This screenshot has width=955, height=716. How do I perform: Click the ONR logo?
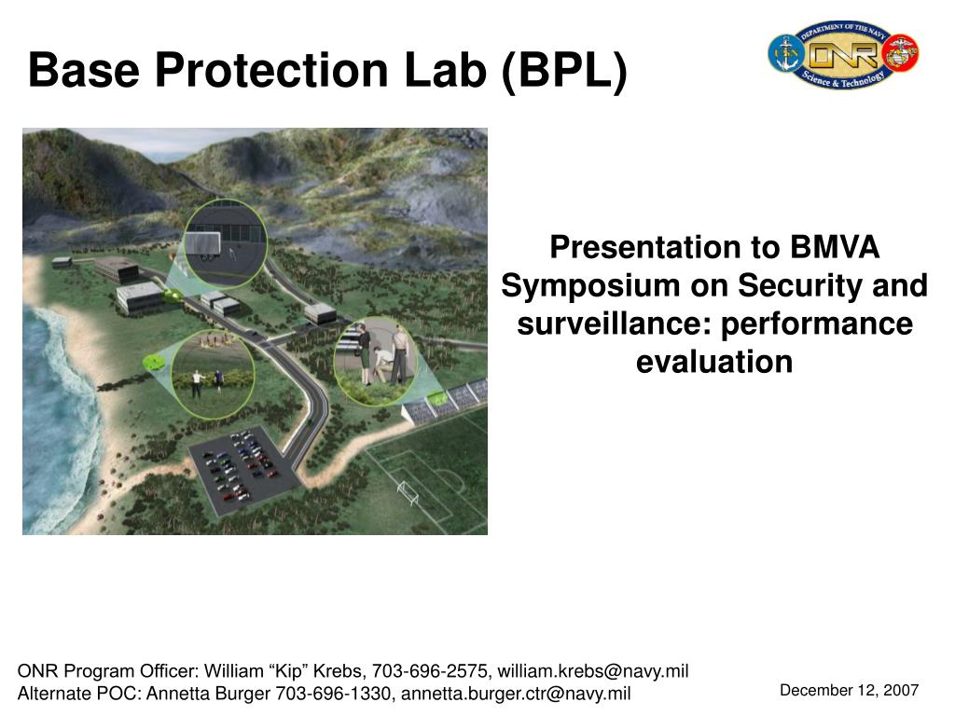pyautogui.click(x=843, y=54)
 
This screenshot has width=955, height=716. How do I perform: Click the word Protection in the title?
pyautogui.click(x=271, y=69)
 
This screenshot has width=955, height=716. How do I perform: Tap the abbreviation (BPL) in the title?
pyautogui.click(x=564, y=71)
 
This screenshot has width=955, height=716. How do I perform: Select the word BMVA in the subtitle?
pyautogui.click(x=835, y=247)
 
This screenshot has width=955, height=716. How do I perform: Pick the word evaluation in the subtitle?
pyautogui.click(x=714, y=362)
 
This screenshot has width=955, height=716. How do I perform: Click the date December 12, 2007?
pyautogui.click(x=849, y=690)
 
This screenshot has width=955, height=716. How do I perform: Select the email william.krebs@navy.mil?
pyautogui.click(x=593, y=671)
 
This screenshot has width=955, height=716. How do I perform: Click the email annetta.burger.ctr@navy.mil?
pyautogui.click(x=516, y=694)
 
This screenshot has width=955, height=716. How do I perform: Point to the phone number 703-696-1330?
pyautogui.click(x=333, y=694)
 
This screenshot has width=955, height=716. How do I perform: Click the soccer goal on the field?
pyautogui.click(x=408, y=492)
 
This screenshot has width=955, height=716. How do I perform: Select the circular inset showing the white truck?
pyautogui.click(x=226, y=243)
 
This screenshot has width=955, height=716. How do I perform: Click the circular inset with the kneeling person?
pyautogui.click(x=375, y=362)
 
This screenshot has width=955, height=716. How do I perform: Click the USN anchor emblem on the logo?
pyautogui.click(x=785, y=53)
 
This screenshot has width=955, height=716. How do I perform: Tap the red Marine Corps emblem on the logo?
pyautogui.click(x=901, y=53)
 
